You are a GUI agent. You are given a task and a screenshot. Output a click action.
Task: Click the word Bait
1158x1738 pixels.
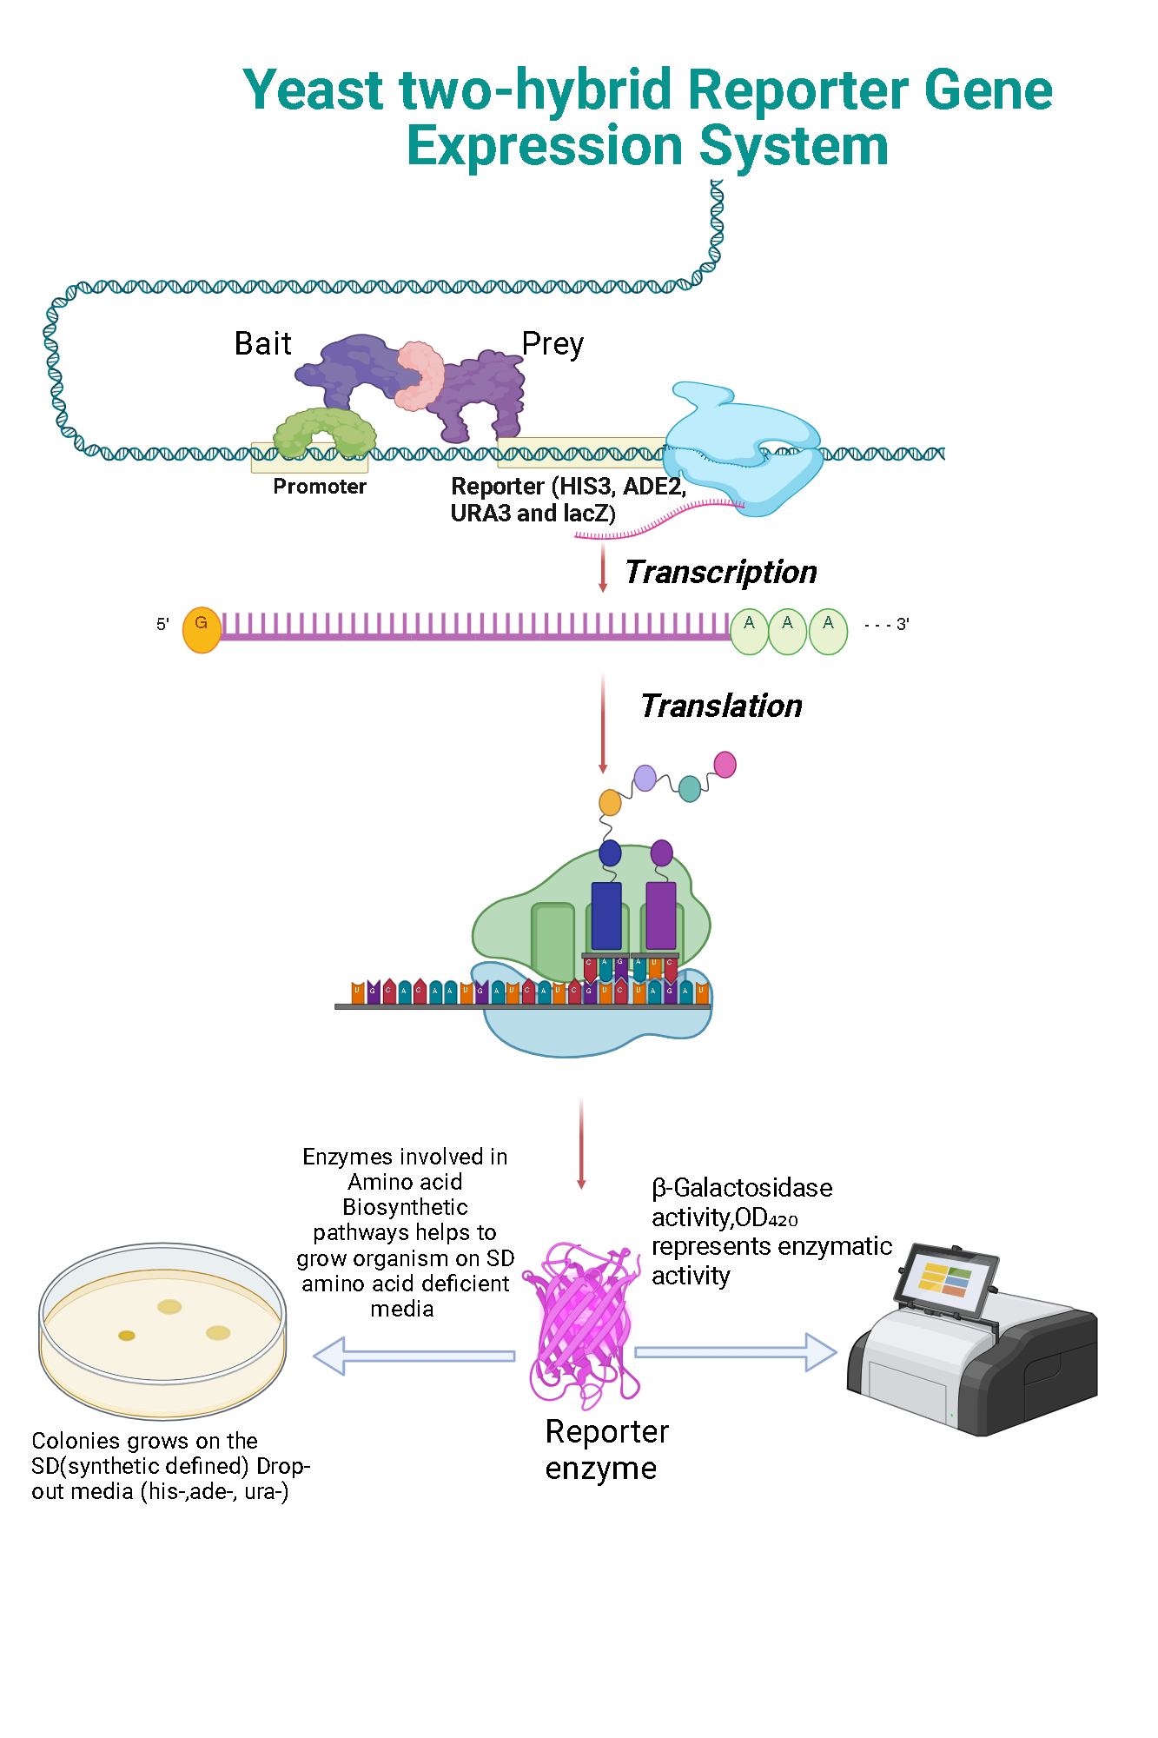click(x=262, y=344)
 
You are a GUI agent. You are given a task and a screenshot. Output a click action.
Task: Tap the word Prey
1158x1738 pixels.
click(x=553, y=345)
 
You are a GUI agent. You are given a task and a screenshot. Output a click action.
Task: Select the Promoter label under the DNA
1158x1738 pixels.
click(x=319, y=487)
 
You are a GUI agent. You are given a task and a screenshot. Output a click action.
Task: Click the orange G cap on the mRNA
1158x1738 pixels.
click(x=202, y=630)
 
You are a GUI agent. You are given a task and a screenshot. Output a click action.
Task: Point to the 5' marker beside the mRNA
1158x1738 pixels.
click(x=162, y=624)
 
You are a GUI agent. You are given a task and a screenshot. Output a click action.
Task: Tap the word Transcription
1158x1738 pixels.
click(x=720, y=573)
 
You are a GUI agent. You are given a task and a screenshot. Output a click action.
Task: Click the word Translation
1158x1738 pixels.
click(x=721, y=706)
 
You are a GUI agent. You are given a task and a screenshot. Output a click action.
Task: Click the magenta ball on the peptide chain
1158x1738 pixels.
click(x=725, y=765)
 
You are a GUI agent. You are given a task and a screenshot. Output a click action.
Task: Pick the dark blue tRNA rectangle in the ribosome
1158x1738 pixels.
click(x=606, y=916)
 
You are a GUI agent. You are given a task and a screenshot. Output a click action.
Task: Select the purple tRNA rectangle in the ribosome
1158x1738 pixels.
click(x=661, y=916)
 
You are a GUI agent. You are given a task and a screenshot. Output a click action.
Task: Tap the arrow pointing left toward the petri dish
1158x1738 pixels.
click(x=413, y=1356)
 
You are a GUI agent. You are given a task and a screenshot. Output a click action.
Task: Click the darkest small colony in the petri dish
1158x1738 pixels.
click(x=127, y=1336)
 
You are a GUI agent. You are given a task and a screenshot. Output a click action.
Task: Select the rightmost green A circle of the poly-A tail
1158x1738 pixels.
click(x=828, y=631)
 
